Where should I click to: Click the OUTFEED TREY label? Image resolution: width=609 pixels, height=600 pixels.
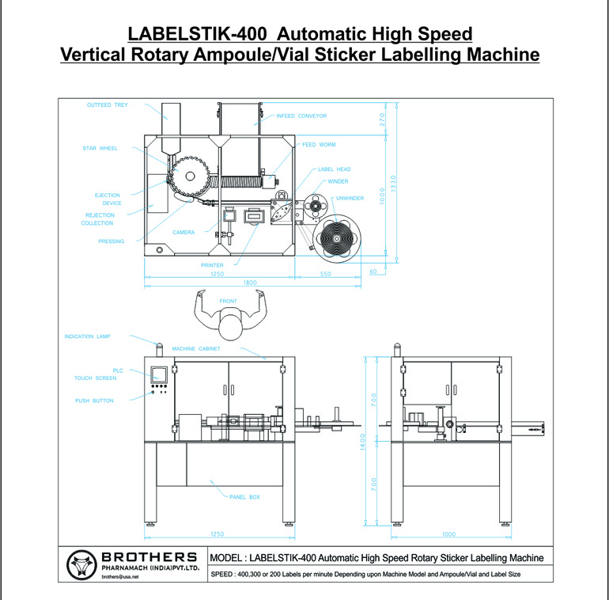[107, 104]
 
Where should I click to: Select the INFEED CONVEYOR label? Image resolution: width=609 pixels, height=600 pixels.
[301, 116]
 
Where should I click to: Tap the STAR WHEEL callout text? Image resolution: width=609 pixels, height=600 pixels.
[100, 148]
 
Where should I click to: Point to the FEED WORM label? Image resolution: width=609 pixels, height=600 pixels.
[320, 145]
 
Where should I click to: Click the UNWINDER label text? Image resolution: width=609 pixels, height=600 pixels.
[350, 198]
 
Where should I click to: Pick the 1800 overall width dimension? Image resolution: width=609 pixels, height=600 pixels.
[249, 283]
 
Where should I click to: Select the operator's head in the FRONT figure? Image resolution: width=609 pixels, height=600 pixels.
[230, 325]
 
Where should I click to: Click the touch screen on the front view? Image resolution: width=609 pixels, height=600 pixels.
[159, 375]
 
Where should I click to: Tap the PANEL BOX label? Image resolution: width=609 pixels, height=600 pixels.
[244, 497]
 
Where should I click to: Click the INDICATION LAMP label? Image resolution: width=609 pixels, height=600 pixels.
[87, 336]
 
